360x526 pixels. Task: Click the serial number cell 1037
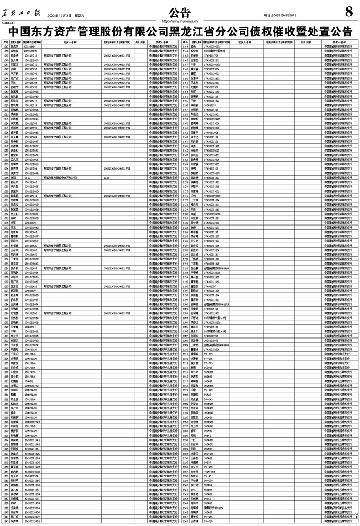[6, 46]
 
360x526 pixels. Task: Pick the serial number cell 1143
[6, 521]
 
